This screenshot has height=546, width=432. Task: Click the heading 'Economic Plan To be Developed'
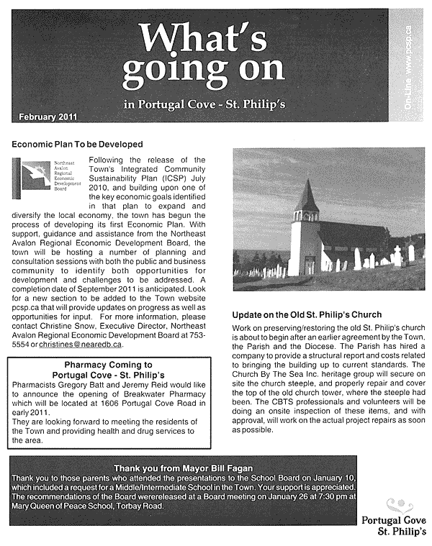pos(77,145)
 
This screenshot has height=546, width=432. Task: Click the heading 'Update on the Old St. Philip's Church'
pos(306,315)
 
